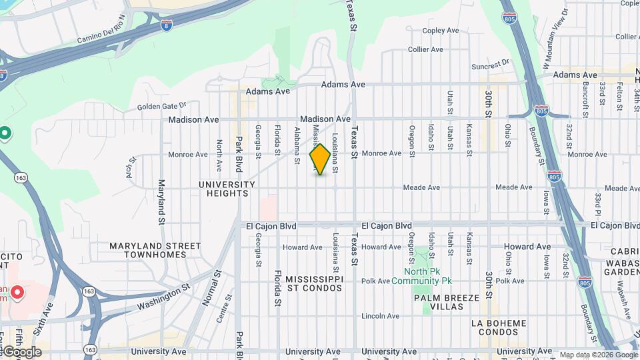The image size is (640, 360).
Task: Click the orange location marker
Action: [320, 159]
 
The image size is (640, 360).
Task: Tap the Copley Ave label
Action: [441, 31]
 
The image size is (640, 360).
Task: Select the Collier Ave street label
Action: [425, 49]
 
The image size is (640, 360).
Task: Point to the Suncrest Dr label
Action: [490, 65]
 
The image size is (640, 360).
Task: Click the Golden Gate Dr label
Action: [162, 106]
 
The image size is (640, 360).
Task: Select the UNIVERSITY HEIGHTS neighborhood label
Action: [227, 189]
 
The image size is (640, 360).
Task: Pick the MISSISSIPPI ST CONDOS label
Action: [314, 283]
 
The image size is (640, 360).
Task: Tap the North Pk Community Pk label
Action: [421, 276]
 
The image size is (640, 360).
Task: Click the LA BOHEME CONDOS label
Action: [499, 328]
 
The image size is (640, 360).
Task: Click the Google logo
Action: [21, 351]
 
